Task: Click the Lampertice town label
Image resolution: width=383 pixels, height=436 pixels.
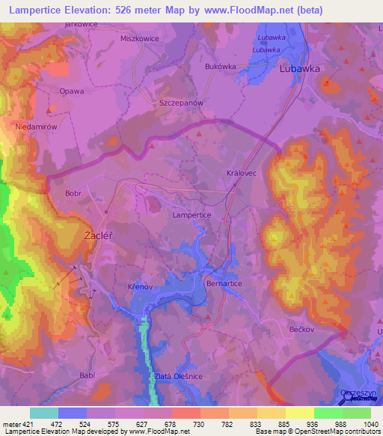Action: [192, 215]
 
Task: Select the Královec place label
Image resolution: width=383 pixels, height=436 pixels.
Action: [241, 173]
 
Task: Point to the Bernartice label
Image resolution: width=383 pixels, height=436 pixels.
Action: [222, 285]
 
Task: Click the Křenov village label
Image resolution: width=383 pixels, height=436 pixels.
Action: [140, 287]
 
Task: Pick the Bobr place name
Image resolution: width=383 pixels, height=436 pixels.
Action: [73, 193]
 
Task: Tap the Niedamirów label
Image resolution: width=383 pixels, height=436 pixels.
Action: [36, 127]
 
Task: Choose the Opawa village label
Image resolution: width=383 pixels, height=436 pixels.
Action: [72, 91]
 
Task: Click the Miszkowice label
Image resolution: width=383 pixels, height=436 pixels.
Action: [140, 37]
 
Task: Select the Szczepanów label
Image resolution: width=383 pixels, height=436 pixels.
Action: [182, 103]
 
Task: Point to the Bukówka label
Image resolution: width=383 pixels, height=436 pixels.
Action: [220, 66]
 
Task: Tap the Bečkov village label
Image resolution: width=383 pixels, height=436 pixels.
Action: [303, 329]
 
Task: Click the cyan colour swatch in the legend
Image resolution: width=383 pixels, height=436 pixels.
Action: [44, 413]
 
